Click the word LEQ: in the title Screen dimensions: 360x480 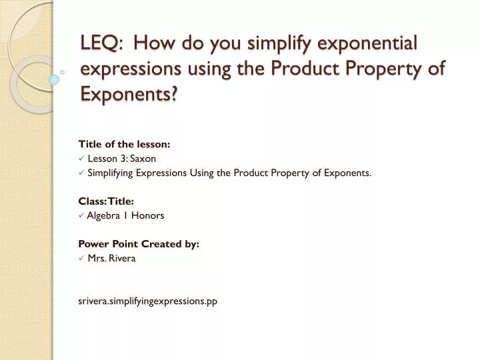pos(101,43)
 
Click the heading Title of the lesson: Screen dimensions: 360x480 pos(124,143)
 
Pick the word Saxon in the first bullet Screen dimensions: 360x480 pos(143,158)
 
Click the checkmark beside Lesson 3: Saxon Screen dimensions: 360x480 pos(81,159)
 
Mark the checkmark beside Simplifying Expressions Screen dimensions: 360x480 pos(81,173)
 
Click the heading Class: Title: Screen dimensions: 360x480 pos(107,201)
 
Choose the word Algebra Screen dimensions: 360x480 pos(103,215)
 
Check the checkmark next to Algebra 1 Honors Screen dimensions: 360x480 pos(81,216)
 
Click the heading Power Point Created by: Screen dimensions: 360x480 pos(139,244)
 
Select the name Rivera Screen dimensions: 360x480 pos(121,258)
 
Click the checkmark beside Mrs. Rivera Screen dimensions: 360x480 pos(81,259)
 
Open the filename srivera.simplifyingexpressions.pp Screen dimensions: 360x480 pos(148,301)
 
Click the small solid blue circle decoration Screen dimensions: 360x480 pos(54,79)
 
